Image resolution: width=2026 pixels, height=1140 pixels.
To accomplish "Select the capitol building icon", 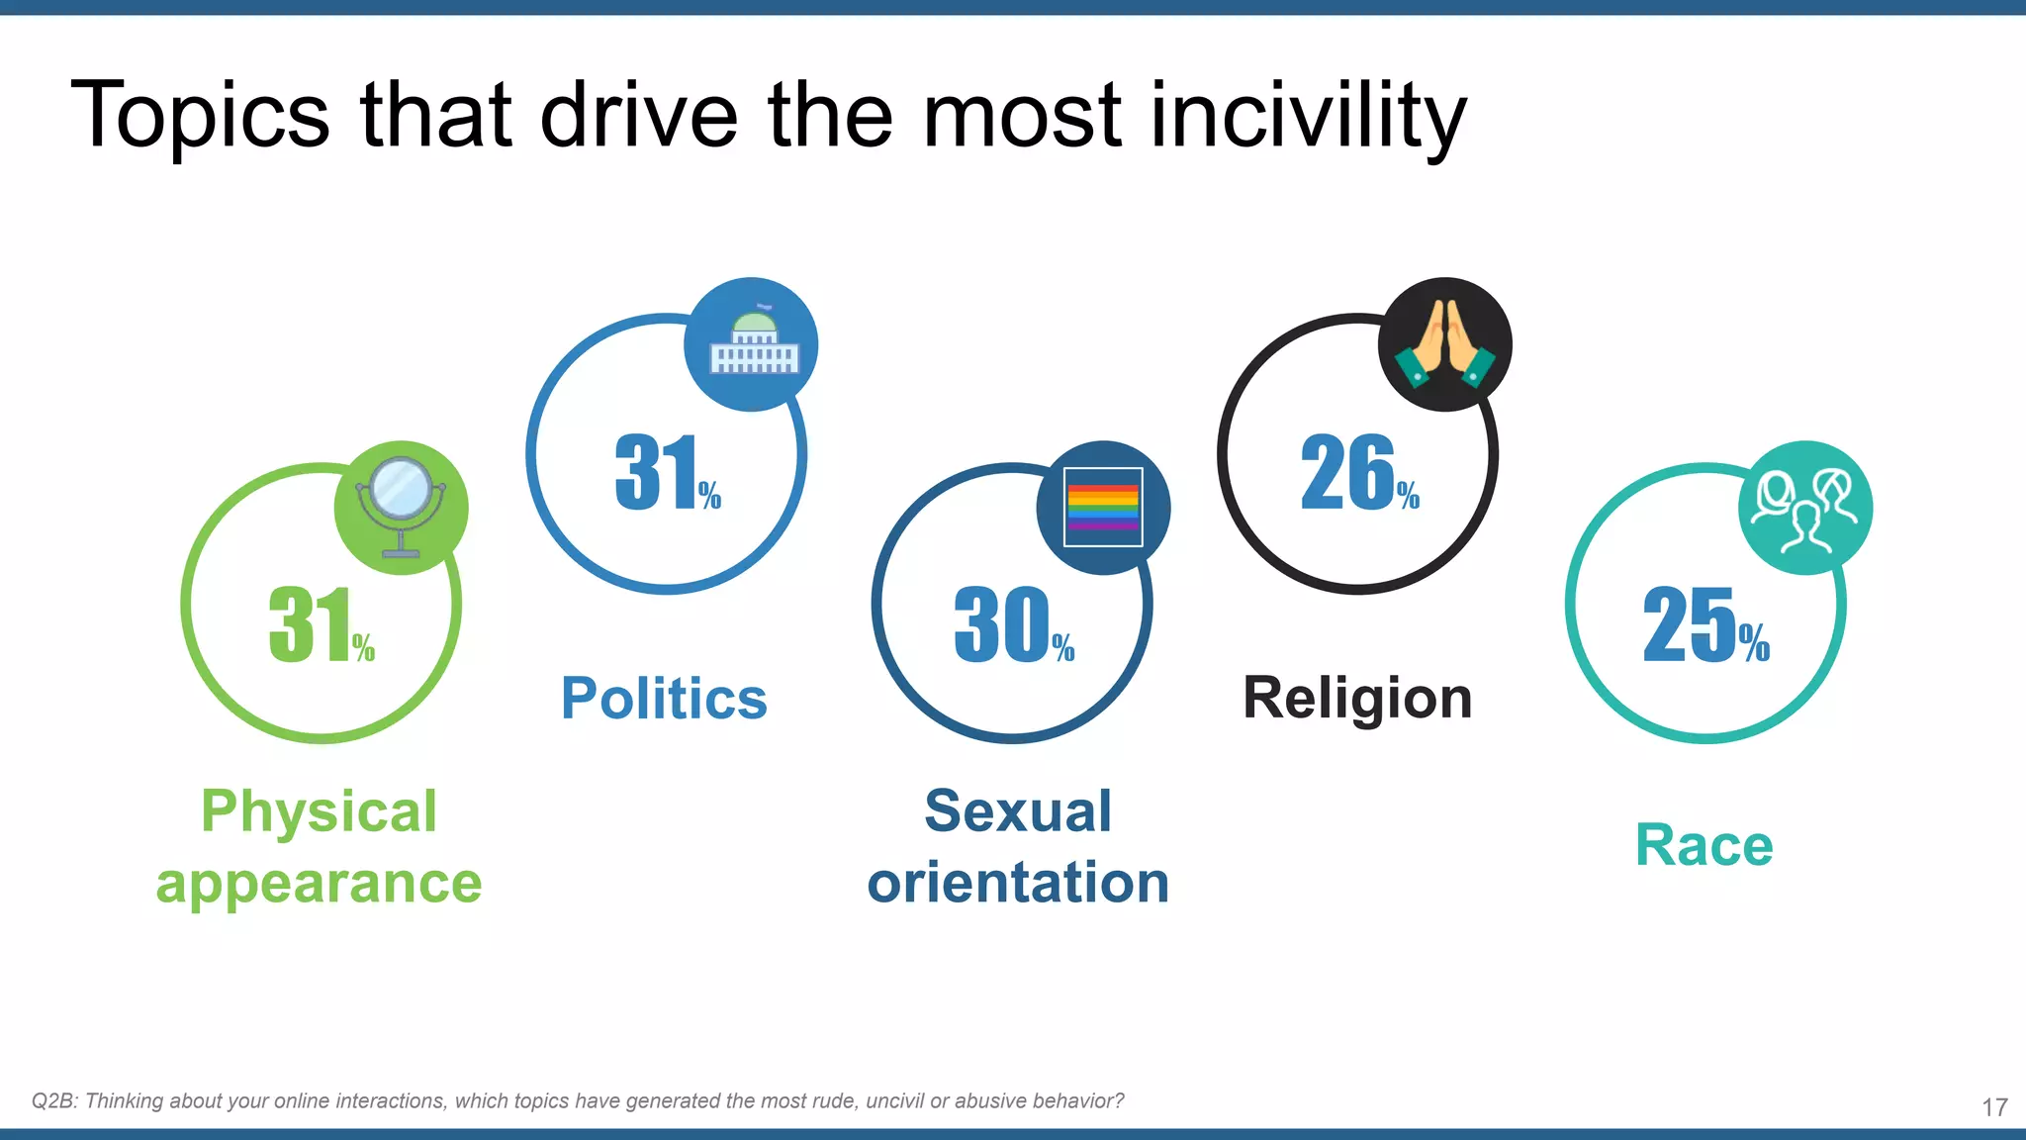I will (x=752, y=343).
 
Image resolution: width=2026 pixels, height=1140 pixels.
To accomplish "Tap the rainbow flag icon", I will (x=1103, y=507).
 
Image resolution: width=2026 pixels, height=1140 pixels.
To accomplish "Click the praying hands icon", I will (x=1444, y=343).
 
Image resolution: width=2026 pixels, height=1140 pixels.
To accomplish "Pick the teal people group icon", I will (x=1804, y=507).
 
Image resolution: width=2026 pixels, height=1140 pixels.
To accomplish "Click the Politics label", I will (x=664, y=698).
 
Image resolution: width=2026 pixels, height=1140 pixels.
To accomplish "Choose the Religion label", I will (x=1357, y=698).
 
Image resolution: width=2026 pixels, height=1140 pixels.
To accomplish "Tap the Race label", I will (x=1704, y=845).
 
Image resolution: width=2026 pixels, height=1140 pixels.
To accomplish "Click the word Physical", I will (x=319, y=811).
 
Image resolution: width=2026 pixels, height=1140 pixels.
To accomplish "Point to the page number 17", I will (x=1994, y=1107).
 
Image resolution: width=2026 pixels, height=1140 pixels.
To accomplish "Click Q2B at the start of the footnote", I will (x=53, y=1101).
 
